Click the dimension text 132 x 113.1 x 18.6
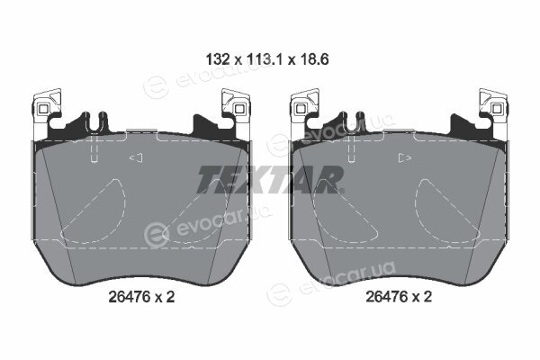click(267, 59)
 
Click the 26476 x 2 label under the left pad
click(141, 296)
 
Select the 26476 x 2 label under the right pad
click(399, 296)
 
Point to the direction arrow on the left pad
click(136, 157)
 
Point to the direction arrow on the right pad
click(405, 157)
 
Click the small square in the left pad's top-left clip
click(43, 109)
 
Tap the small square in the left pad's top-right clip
click(238, 109)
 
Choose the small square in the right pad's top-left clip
click(301, 109)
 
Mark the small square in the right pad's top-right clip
click(496, 109)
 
